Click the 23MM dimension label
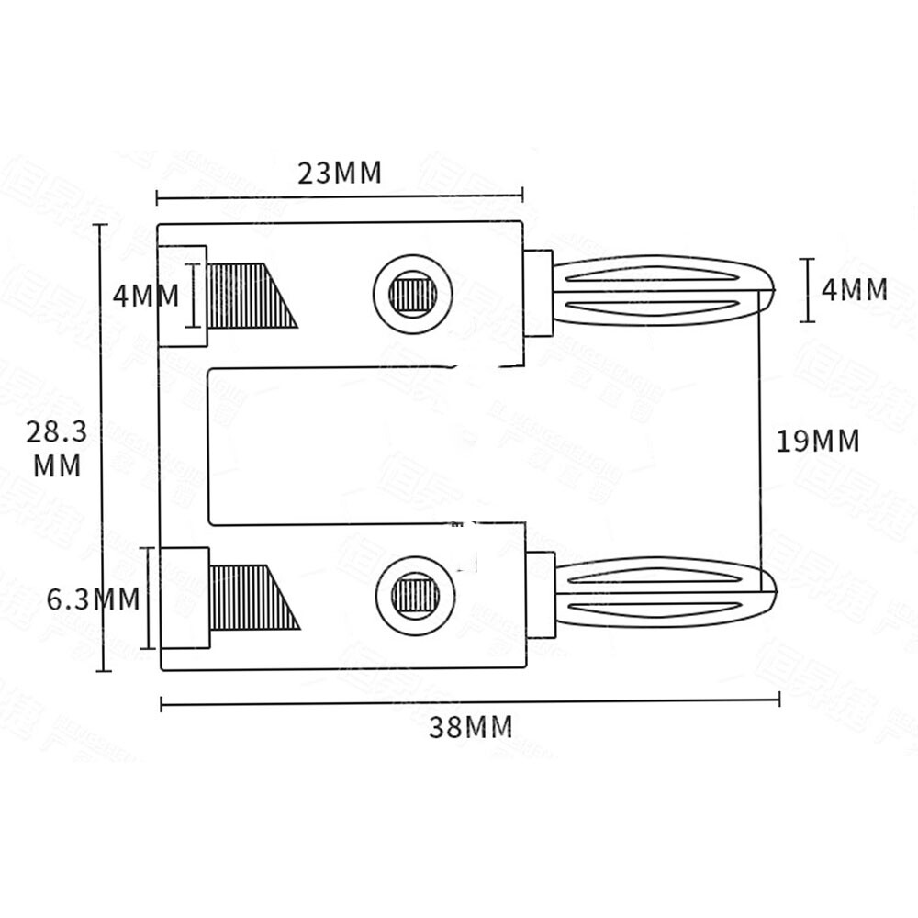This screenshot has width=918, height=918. point(339,173)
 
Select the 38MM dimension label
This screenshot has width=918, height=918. point(470,727)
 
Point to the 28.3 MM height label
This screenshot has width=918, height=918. point(57,449)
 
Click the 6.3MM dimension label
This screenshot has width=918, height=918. point(94,599)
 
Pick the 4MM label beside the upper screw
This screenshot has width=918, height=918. point(145,296)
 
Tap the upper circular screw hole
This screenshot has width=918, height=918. point(413,294)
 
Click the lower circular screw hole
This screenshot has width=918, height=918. point(415,595)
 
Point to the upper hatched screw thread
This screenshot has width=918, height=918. point(246,296)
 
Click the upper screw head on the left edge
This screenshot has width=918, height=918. point(184,296)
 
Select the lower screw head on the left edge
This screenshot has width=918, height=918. point(185,598)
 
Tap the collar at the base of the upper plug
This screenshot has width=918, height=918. point(538,293)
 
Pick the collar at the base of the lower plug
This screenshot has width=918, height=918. point(541,595)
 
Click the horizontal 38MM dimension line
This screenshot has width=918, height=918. point(470,702)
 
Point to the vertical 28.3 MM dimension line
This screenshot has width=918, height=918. point(103,367)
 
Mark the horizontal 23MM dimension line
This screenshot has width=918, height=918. point(339,196)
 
